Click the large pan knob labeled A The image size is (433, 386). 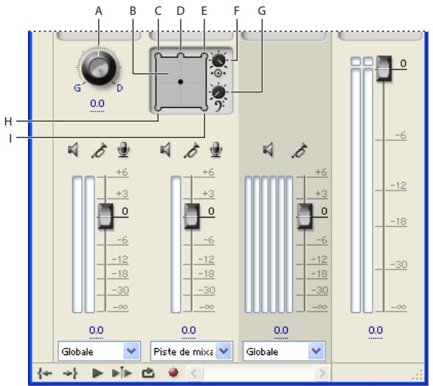point(99,67)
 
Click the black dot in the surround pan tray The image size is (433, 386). point(181,82)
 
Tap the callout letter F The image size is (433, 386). point(236,11)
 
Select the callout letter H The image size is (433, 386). point(8,121)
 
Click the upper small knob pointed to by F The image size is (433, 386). point(218,61)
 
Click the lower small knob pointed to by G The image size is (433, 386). point(218,92)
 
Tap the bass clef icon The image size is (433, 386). point(220,106)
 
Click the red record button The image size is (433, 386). point(173,373)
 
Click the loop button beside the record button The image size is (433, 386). point(148,373)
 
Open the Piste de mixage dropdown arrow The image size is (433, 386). point(224,351)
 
